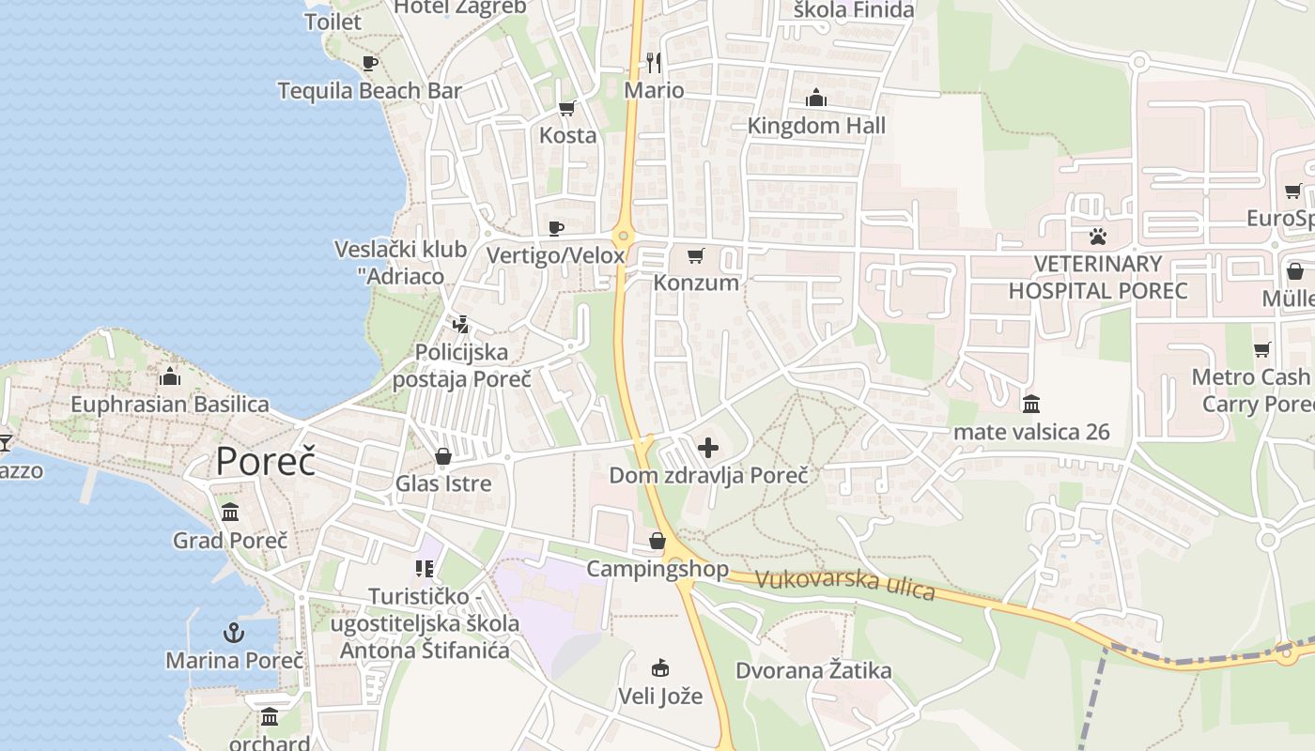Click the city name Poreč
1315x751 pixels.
tap(265, 461)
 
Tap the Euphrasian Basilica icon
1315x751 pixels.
tap(170, 376)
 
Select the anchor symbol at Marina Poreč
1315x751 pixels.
tap(234, 632)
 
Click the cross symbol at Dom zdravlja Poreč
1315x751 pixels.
tap(708, 448)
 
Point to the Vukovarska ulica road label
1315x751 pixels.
tap(845, 584)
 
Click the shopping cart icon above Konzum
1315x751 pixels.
tap(696, 254)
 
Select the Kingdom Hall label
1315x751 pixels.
tap(816, 125)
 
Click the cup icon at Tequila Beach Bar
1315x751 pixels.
tap(370, 63)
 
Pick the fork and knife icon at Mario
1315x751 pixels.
tap(654, 63)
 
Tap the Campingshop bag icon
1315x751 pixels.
tap(657, 541)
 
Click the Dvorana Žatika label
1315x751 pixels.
tap(813, 670)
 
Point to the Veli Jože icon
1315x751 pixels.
tap(660, 668)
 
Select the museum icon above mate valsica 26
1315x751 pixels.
tap(1031, 404)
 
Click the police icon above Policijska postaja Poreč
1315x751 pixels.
tap(460, 325)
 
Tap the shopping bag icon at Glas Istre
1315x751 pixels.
tap(442, 456)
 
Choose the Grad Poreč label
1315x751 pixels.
tap(230, 540)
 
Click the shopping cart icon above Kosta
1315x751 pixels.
tap(567, 108)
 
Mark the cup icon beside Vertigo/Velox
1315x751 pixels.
tap(556, 228)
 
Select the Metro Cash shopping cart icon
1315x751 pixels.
tap(1262, 349)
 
